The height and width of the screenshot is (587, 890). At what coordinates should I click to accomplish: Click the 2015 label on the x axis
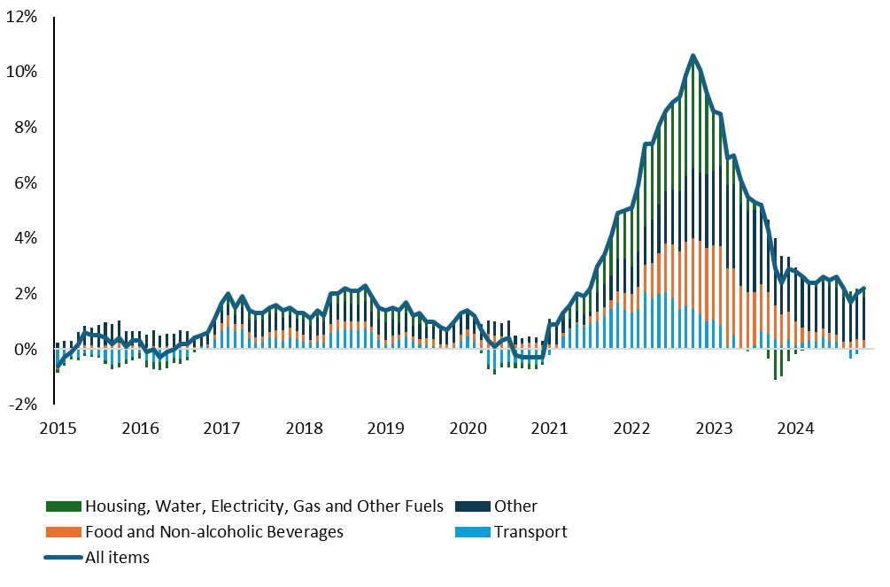coord(58,429)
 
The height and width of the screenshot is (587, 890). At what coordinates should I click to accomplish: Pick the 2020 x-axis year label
coord(468,429)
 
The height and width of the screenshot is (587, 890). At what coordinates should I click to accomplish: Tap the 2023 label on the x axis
coord(714,429)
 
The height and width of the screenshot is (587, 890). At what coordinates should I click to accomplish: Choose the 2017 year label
coord(221,429)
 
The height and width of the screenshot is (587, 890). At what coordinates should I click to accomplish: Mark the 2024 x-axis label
coord(795,429)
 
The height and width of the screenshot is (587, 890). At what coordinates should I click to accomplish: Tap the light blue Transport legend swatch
coord(472,532)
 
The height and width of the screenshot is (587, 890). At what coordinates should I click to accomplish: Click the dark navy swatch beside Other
coord(472,506)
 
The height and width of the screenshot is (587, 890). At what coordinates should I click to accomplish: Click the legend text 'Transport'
coord(530,532)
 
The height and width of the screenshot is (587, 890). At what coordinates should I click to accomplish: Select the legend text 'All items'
coord(117,558)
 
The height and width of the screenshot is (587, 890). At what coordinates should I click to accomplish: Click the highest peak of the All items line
coord(693,56)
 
